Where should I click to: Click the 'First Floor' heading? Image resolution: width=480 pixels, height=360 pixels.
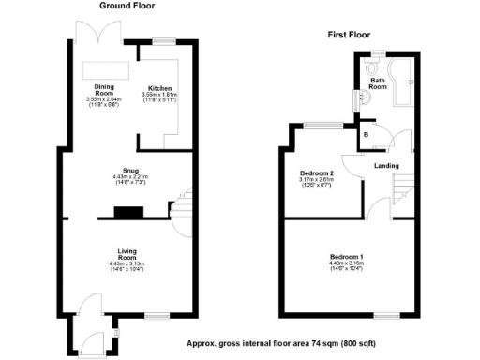tap(347, 35)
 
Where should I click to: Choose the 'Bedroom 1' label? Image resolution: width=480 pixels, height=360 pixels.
tap(346, 256)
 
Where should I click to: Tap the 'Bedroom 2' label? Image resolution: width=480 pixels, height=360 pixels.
tap(316, 173)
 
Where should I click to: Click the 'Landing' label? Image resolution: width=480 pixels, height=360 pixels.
tap(386, 166)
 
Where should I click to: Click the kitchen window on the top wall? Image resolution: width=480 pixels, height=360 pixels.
tap(166, 39)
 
